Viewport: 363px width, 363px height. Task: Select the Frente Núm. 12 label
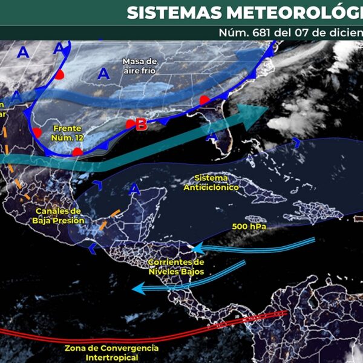coord(67,133)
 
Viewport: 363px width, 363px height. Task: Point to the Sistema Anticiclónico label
coord(211,183)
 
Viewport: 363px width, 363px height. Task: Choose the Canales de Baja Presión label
coord(58,215)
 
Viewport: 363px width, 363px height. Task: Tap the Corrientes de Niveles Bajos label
coord(176,267)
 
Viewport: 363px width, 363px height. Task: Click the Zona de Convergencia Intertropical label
coord(111,353)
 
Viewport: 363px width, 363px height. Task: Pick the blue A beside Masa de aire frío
coord(104,74)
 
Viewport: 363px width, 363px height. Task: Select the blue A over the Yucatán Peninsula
coord(136,190)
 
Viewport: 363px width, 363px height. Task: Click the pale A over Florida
coord(211,137)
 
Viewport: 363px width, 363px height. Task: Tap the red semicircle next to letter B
coord(129,124)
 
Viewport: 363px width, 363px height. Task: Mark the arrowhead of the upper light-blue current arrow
coord(195,249)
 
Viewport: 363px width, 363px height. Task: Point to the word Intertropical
coord(111,358)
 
